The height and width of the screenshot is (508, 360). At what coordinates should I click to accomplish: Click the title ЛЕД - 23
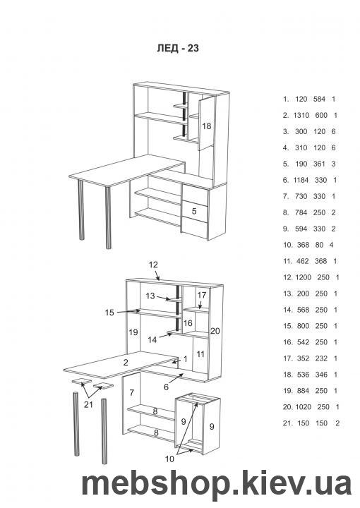coord(178,48)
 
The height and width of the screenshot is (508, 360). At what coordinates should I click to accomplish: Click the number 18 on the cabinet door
coord(206,126)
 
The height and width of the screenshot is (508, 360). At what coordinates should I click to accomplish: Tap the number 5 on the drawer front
coord(194,211)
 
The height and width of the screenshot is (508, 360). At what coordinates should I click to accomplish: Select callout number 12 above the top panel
coord(153,265)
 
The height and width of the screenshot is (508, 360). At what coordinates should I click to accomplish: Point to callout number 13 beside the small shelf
coord(150,296)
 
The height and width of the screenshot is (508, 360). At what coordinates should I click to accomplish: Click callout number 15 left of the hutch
coord(109,313)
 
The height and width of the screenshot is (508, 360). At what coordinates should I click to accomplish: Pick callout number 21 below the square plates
coord(88,404)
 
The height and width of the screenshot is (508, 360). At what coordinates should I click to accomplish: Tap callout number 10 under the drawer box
coord(169,459)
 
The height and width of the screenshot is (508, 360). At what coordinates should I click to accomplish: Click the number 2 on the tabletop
coord(126,363)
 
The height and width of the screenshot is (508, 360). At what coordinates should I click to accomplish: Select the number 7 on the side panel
coord(131,393)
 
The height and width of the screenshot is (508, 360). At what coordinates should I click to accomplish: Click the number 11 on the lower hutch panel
coord(200,354)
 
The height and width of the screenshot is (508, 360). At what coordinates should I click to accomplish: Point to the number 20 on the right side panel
coord(215,331)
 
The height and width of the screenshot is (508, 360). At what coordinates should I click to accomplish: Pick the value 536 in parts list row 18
coord(303,375)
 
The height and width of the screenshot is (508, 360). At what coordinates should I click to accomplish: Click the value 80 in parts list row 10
coord(320,245)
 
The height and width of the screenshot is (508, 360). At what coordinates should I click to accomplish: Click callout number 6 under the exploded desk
coord(166,387)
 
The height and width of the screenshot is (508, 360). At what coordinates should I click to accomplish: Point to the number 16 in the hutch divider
coord(188,323)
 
